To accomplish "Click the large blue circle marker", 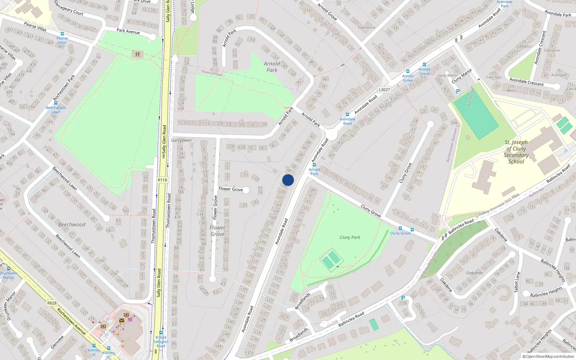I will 288,180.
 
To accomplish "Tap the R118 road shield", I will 162,180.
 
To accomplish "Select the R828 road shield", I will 52,303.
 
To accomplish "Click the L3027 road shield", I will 384,90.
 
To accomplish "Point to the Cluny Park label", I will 350,237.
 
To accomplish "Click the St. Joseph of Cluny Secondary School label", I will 516,152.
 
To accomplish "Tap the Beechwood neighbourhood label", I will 72,224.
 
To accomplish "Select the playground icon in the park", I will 137,54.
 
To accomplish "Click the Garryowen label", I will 181,140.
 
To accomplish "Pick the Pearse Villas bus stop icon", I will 62,34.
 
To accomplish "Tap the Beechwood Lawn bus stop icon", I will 56,103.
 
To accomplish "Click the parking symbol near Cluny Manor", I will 458,91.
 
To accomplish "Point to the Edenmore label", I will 366,27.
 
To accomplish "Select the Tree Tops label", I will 494,77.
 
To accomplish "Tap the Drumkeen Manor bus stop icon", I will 8,269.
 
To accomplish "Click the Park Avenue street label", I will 128,31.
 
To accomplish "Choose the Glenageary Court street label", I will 69,8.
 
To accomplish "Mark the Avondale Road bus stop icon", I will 347,114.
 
